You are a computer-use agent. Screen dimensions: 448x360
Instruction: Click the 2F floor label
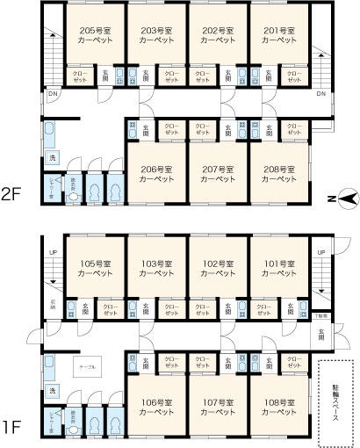click(x=12, y=193)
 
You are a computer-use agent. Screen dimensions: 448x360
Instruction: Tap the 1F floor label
click(x=12, y=428)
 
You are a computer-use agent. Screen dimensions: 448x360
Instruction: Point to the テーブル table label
click(x=87, y=361)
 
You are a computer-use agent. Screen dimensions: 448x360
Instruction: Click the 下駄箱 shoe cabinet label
click(x=321, y=314)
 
